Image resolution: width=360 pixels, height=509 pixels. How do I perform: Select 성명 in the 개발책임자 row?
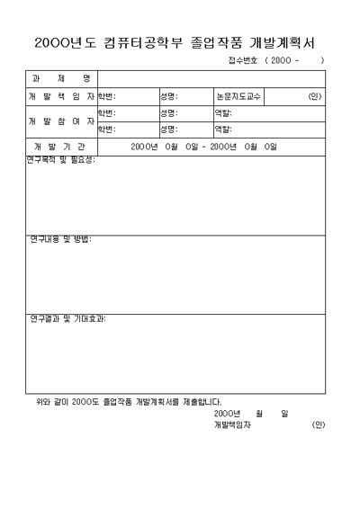click(168, 95)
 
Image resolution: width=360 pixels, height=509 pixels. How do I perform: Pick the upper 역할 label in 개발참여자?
click(222, 112)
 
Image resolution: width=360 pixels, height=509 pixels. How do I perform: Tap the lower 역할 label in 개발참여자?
click(222, 129)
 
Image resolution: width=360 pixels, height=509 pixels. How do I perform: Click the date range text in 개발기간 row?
click(203, 146)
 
